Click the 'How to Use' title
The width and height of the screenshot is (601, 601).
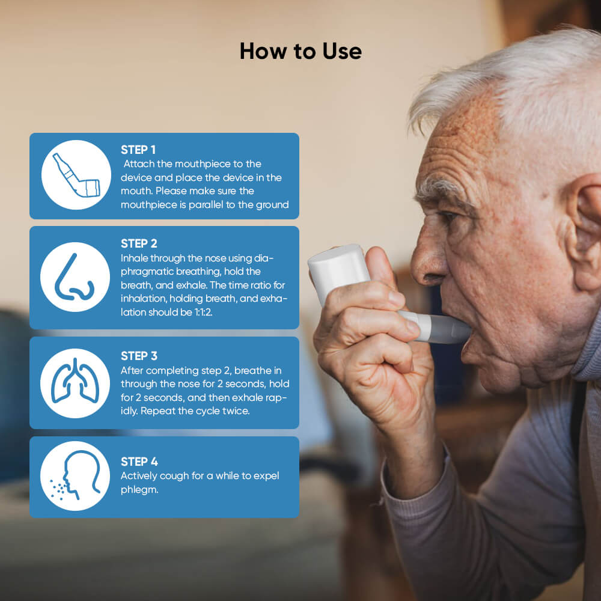300,51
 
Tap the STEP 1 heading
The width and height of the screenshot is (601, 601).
138,150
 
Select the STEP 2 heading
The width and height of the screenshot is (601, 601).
139,243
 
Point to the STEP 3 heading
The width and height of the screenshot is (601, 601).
139,356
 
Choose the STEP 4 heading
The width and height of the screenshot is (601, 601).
139,462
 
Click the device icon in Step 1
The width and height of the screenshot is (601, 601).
76,175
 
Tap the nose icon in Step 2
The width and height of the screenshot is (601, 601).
75,277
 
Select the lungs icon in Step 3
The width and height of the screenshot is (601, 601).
75,383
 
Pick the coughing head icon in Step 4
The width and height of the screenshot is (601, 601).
75,476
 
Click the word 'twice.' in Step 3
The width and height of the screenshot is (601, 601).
236,412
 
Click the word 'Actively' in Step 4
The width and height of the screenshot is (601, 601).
138,476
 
